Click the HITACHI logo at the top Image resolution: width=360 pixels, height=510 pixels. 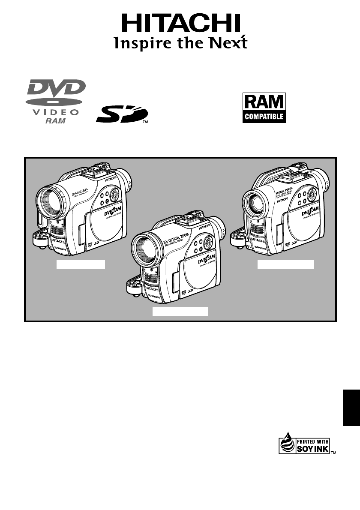coord(180,22)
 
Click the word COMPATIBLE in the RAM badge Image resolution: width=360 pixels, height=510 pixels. coord(264,116)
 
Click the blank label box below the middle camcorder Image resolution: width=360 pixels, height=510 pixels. coord(181,312)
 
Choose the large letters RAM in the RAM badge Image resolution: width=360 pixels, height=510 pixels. coord(264,102)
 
